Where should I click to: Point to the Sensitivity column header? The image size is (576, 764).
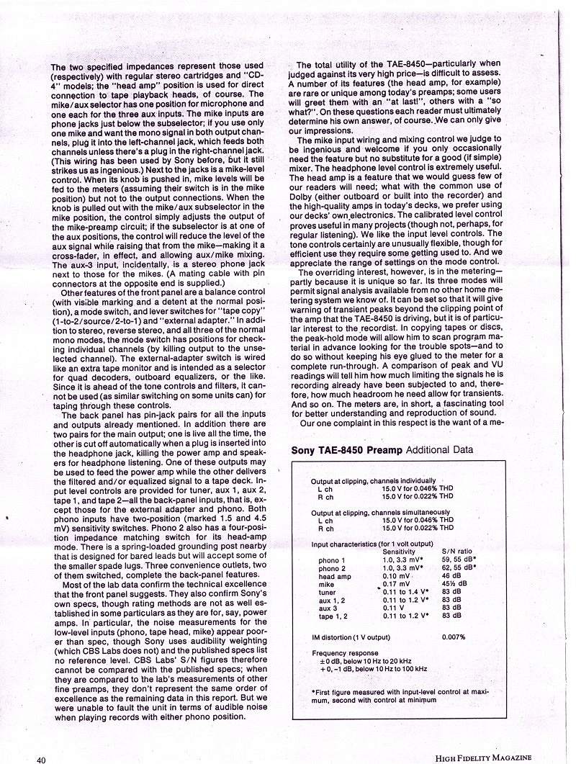404,549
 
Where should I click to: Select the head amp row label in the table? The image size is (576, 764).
335,575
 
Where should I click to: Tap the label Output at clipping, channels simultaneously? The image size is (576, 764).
383,512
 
